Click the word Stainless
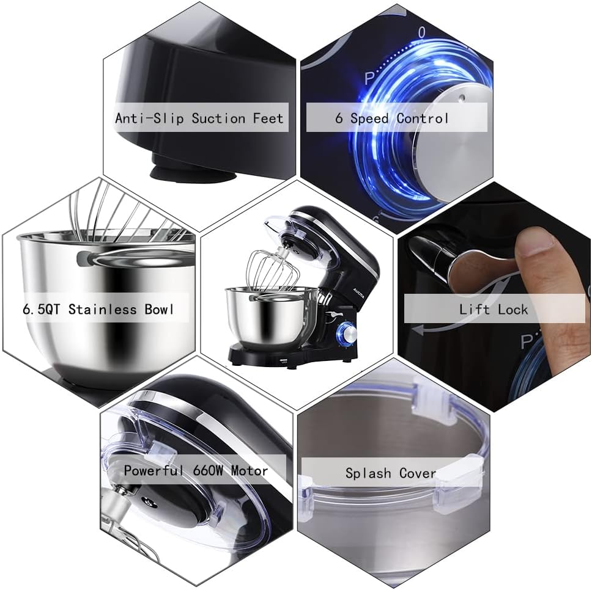point(103,309)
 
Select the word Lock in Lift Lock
point(512,309)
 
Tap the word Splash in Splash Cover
point(369,473)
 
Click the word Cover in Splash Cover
point(418,473)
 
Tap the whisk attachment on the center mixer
point(272,268)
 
